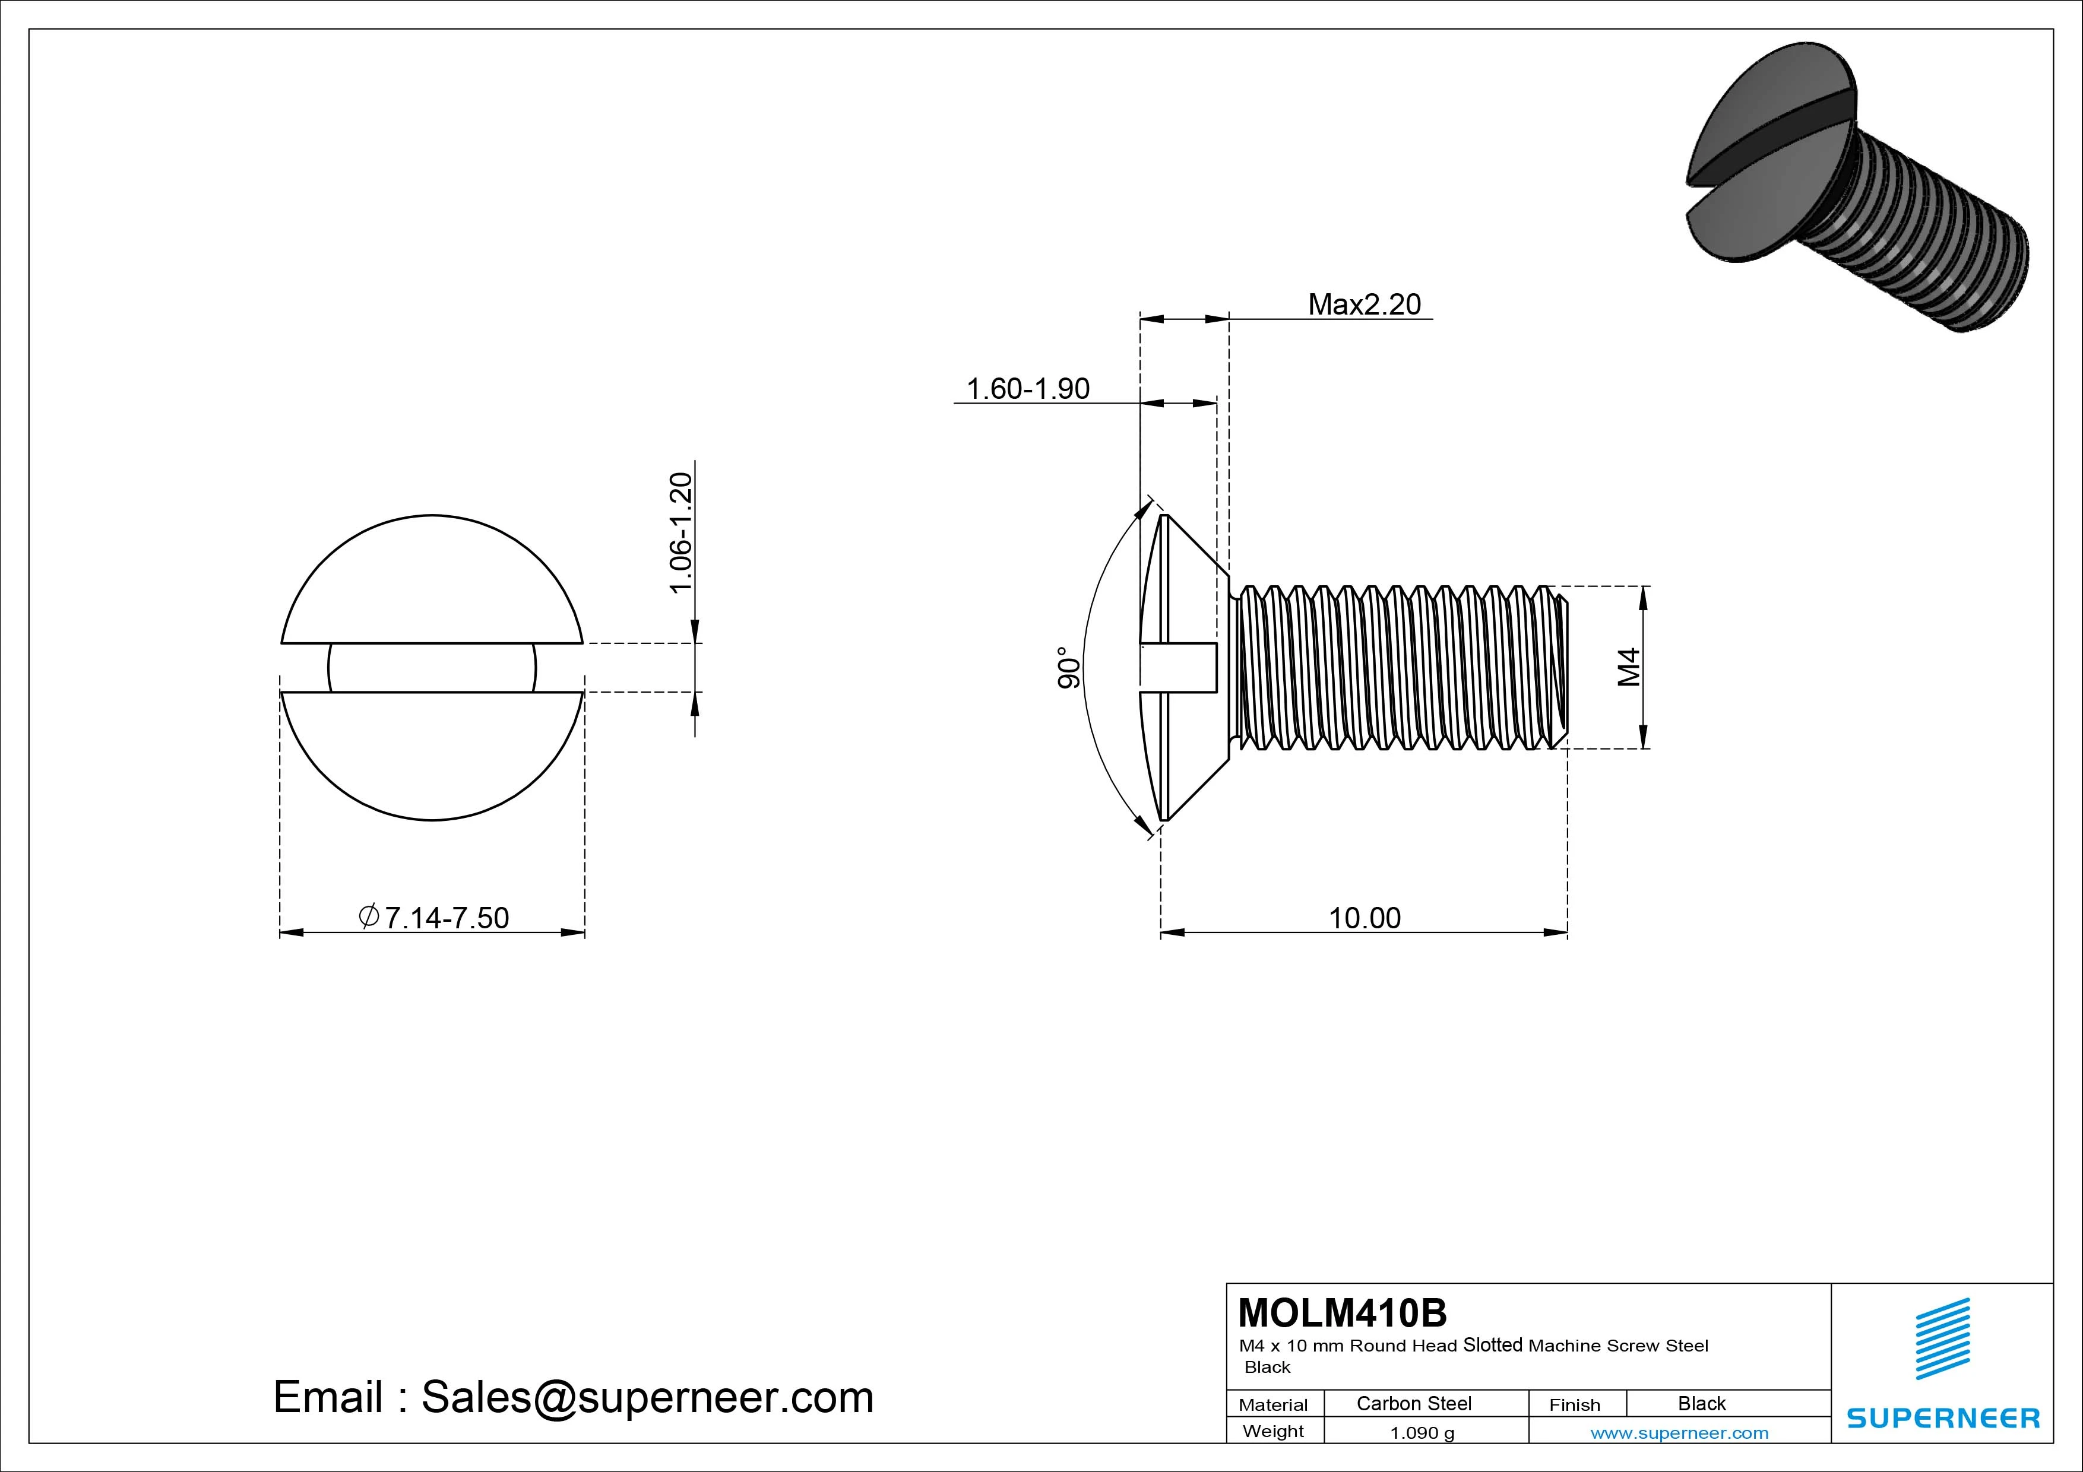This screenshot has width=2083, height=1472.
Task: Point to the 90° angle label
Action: coord(1069,668)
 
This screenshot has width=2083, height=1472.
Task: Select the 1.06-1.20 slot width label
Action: coord(680,533)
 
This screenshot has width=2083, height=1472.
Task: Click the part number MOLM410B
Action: coord(1342,1312)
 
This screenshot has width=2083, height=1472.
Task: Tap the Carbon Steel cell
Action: coord(1413,1403)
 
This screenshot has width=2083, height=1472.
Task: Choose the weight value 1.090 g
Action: coord(1422,1433)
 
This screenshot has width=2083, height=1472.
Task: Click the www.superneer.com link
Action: coord(1679,1433)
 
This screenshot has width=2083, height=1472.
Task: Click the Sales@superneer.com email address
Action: coord(647,1397)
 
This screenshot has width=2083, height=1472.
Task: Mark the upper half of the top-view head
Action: coord(432,580)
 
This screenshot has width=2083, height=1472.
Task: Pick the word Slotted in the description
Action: coord(1492,1345)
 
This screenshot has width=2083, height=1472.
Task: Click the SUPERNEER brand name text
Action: coord(1942,1417)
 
